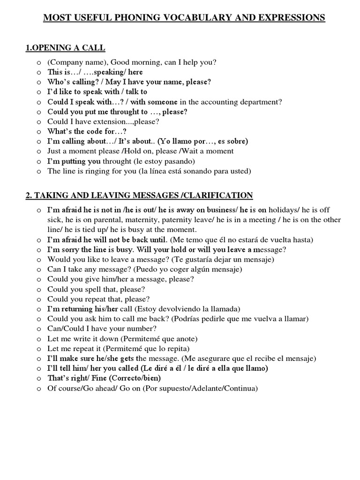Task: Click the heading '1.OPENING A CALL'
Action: (x=65, y=48)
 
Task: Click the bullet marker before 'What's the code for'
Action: (x=38, y=132)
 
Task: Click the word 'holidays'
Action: (x=285, y=210)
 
